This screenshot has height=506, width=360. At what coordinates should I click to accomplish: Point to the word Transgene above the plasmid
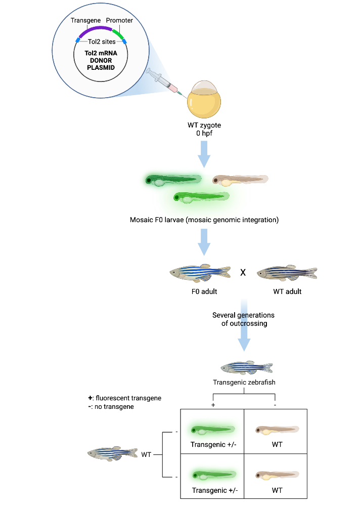[85, 20]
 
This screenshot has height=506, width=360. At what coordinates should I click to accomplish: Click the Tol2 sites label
[102, 42]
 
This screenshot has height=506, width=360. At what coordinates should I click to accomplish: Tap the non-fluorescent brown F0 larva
[240, 180]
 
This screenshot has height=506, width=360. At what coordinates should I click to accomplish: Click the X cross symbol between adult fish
[243, 273]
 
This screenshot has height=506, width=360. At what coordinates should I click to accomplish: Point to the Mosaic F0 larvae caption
[204, 220]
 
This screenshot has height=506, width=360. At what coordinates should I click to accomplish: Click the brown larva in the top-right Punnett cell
[276, 431]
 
